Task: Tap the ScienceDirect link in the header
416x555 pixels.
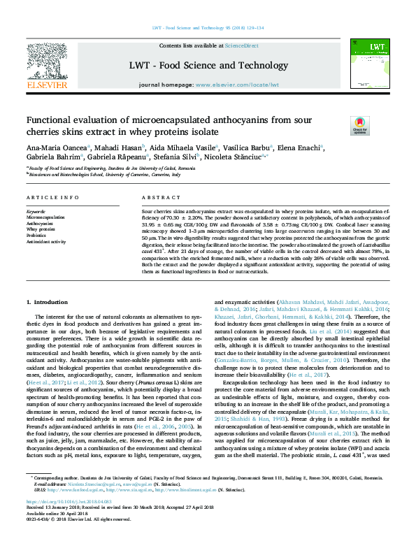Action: coord(241,45)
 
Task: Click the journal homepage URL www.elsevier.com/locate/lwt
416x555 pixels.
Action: coord(237,85)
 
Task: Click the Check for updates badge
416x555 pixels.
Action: coord(359,126)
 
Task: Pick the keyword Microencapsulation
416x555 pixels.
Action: coord(46,217)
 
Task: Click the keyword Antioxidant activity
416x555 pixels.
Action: coord(47,241)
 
